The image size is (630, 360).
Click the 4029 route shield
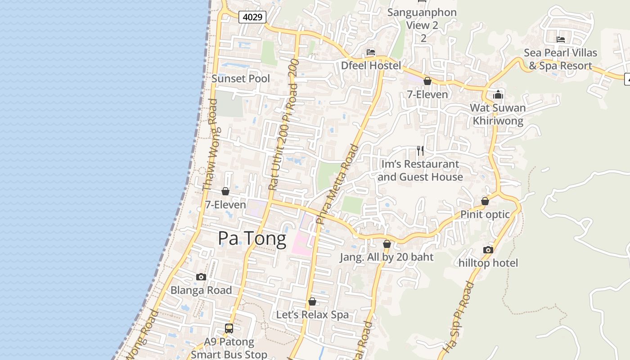point(252,17)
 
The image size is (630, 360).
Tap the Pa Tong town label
point(252,238)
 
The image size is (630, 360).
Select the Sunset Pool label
point(241,78)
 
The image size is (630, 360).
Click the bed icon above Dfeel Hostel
point(371,52)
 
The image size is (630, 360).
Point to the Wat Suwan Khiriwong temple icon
point(498,95)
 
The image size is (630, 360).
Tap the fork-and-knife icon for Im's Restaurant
point(420,151)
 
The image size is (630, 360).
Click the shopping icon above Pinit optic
point(485,201)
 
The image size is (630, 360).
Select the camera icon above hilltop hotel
point(488,250)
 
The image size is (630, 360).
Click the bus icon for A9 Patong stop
point(229,328)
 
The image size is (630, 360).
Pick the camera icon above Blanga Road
point(201,277)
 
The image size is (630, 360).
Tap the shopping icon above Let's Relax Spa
point(312,301)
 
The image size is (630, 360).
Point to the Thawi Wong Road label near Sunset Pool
point(210,144)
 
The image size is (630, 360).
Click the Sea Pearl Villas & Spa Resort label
point(560,59)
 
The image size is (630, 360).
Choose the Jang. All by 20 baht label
point(387,257)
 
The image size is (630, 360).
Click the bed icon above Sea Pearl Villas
point(561,40)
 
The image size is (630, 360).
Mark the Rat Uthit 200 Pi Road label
point(283,130)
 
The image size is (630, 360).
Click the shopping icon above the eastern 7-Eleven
point(427,81)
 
